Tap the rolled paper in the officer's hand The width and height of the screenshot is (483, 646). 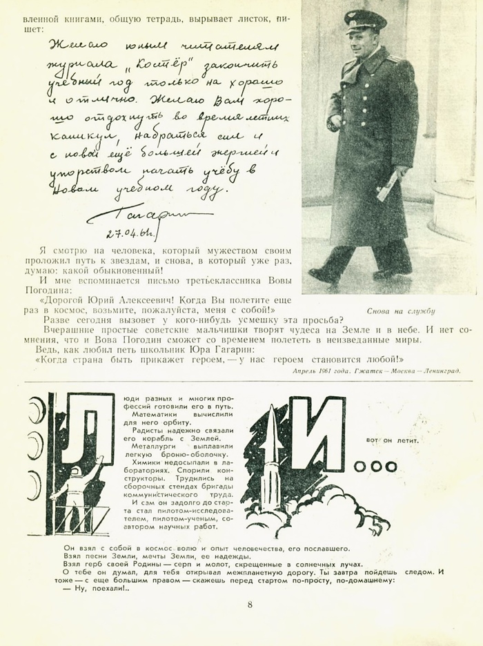coord(386,186)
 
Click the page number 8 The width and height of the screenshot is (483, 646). coord(250,605)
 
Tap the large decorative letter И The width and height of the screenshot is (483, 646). coord(316,434)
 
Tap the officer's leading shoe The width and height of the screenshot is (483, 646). coord(322,275)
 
